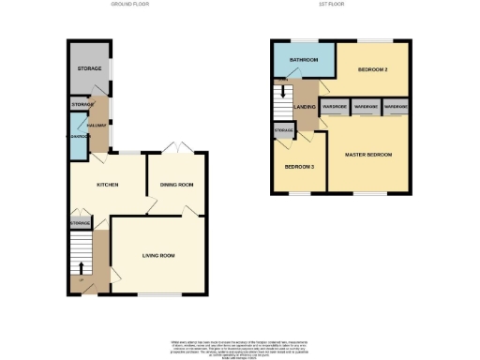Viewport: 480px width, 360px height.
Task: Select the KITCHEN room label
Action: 108,185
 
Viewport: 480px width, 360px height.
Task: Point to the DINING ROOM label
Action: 175,185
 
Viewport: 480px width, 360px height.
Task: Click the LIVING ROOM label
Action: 158,255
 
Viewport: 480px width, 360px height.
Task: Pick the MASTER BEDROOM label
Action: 367,154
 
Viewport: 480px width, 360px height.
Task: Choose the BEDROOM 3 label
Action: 299,167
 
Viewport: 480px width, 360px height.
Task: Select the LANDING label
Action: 305,107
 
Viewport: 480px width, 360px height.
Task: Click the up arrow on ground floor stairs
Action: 81,267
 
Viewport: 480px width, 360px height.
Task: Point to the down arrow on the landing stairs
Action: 282,93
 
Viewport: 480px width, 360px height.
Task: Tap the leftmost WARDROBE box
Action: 335,107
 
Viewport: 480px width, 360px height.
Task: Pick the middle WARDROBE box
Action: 366,107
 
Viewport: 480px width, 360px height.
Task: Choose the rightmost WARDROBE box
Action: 396,107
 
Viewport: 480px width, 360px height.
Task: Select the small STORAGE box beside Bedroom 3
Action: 283,129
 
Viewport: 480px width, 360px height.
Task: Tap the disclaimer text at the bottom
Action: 239,346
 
